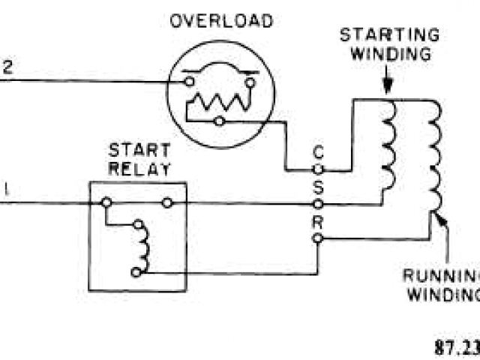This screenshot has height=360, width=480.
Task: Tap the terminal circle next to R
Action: point(318,238)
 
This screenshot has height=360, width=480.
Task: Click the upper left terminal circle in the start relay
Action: point(106,202)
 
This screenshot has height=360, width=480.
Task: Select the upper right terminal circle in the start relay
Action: point(166,202)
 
